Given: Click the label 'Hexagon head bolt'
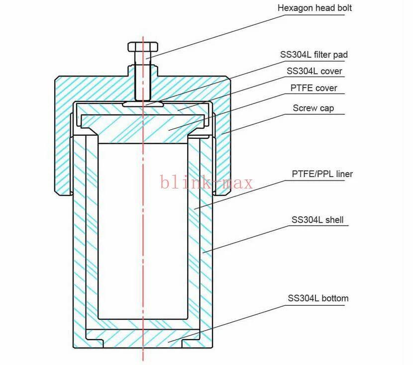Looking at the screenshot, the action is tap(314, 8).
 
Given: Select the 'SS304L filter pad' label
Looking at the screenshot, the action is tap(313, 55).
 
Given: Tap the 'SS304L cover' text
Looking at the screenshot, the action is tap(314, 71).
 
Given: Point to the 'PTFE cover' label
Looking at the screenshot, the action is tap(313, 88).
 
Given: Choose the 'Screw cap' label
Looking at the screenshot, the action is tap(313, 108).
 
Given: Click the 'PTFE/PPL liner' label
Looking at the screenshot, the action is tap(322, 174).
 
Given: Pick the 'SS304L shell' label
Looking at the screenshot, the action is tap(317, 220).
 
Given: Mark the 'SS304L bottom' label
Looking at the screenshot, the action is tap(318, 298).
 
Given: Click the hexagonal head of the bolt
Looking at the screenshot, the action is tap(143, 47).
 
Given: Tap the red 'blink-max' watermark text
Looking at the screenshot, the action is tap(206, 182).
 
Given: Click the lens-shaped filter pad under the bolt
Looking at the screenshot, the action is tap(143, 104).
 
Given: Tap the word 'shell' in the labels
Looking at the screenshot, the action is tap(334, 220).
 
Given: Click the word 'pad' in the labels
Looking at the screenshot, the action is tap(340, 55).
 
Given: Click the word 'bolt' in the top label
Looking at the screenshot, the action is tap(344, 8).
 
